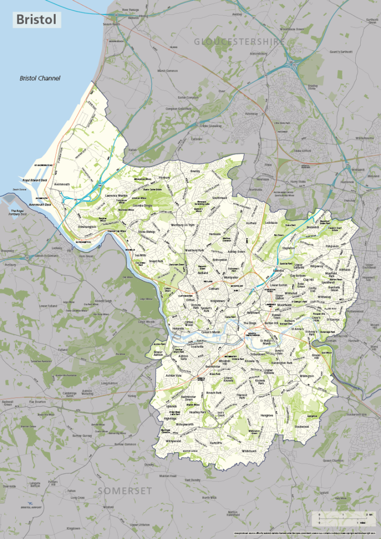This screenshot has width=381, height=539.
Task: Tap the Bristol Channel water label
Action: coord(40,78)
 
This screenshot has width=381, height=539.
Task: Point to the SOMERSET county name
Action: coord(124,490)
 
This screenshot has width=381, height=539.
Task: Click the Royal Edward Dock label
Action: coord(35,180)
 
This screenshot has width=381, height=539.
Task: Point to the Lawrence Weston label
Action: coord(117,196)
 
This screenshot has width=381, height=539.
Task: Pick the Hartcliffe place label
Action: coord(217,442)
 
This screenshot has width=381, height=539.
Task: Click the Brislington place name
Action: coord(307,377)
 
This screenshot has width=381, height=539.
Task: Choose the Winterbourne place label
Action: coord(364,138)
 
